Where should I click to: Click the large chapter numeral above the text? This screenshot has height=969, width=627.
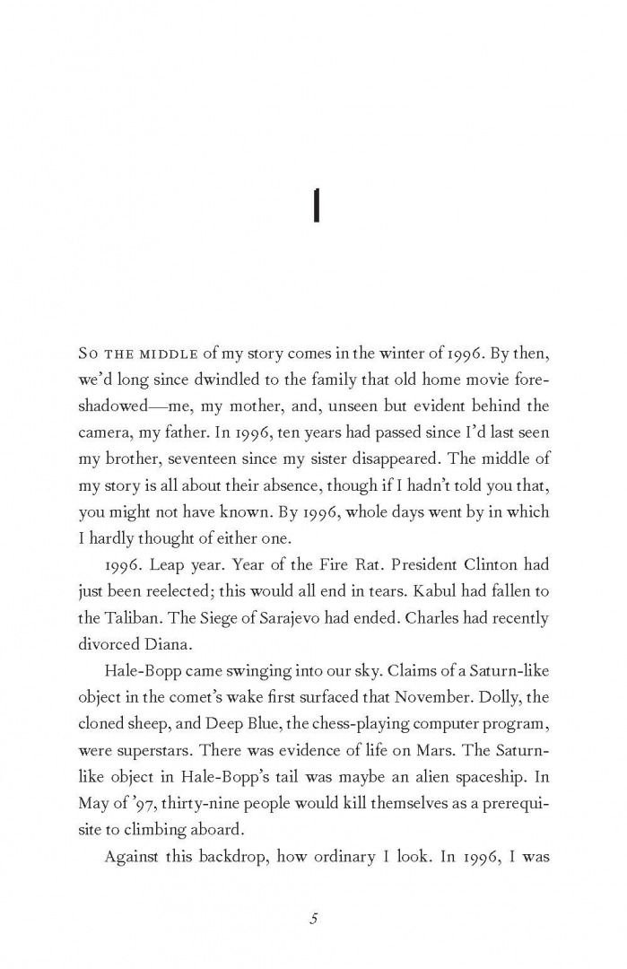coord(315,208)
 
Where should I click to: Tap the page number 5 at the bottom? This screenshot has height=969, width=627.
coord(314,918)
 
